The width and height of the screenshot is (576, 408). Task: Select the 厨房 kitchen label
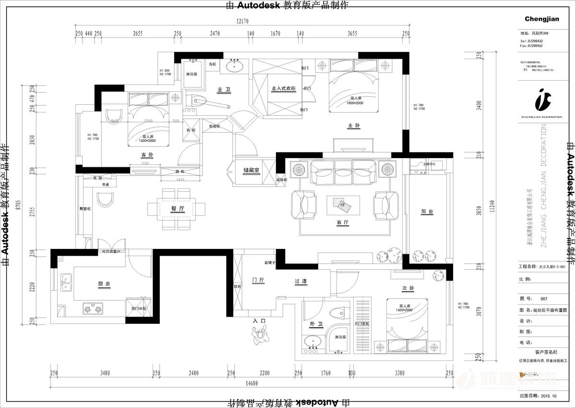pyautogui.click(x=104, y=284)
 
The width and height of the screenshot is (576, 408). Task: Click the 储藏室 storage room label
pyautogui.click(x=251, y=170)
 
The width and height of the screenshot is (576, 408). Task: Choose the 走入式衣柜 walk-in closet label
pyautogui.click(x=283, y=89)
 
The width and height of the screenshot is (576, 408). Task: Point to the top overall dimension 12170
pyautogui.click(x=243, y=21)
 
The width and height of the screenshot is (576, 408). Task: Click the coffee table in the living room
pyautogui.click(x=343, y=205)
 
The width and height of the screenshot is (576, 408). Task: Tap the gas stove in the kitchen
pyautogui.click(x=94, y=308)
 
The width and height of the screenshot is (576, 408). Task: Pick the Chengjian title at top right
pyautogui.click(x=542, y=19)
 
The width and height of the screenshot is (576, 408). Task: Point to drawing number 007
pyautogui.click(x=543, y=298)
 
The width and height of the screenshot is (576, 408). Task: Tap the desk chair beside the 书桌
pyautogui.click(x=105, y=199)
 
